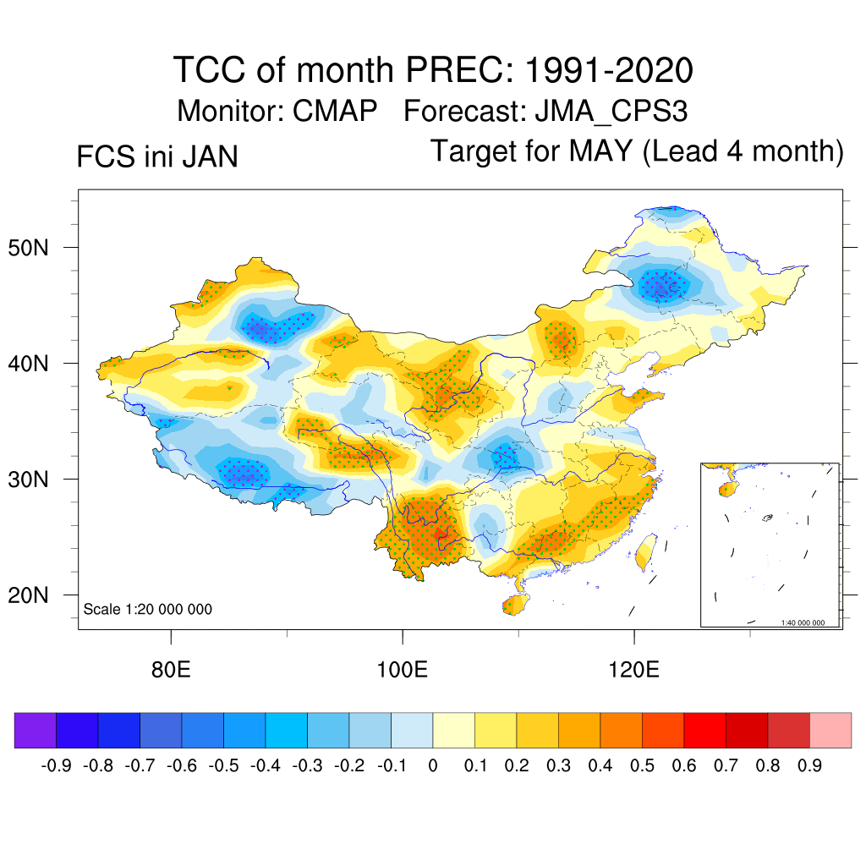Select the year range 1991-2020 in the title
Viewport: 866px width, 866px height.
tap(609, 69)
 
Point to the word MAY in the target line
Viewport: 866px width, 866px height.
tap(600, 151)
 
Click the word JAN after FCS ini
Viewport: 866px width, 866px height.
tap(207, 157)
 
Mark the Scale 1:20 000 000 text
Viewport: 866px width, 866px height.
tap(148, 610)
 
